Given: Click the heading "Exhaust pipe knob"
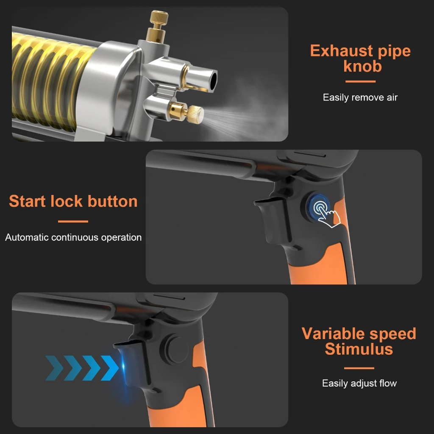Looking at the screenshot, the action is tap(360, 58).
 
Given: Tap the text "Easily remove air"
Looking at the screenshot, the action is tap(360, 97).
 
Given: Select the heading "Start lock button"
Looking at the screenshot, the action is tap(73, 201).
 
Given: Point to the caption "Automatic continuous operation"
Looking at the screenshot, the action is tap(73, 237).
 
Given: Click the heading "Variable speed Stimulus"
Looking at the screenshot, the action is tap(359, 341).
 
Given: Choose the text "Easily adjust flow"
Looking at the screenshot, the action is tap(359, 384).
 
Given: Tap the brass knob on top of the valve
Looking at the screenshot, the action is tap(159, 19).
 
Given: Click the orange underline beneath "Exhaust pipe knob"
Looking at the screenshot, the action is tap(360, 81).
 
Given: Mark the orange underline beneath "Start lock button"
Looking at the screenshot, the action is tap(73, 221).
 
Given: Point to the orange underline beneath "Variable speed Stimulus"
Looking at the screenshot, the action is tap(359, 368).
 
